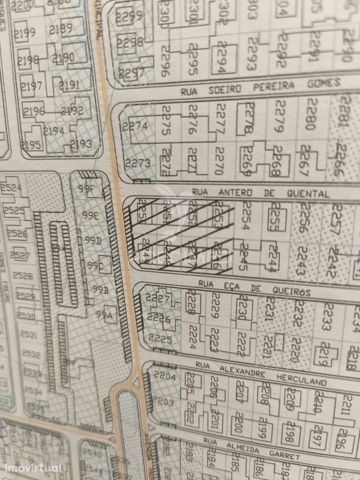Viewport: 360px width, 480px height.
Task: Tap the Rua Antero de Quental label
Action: tap(260, 193)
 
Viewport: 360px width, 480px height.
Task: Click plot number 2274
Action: tap(135, 127)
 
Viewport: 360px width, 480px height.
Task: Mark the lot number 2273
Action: tap(138, 163)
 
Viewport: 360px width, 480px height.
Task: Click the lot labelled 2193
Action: tap(81, 144)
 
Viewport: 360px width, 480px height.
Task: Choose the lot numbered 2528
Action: tap(23, 276)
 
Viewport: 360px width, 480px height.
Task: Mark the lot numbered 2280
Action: tap(311, 114)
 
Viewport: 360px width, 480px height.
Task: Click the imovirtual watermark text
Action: tap(33, 468)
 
